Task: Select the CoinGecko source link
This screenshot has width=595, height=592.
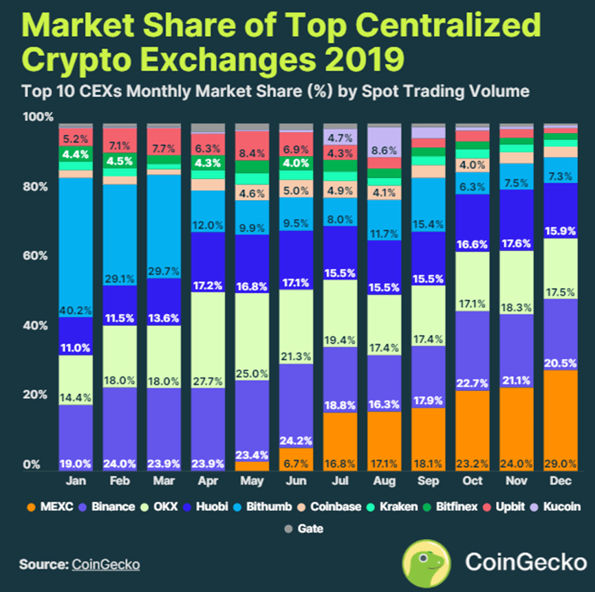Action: tap(105, 564)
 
